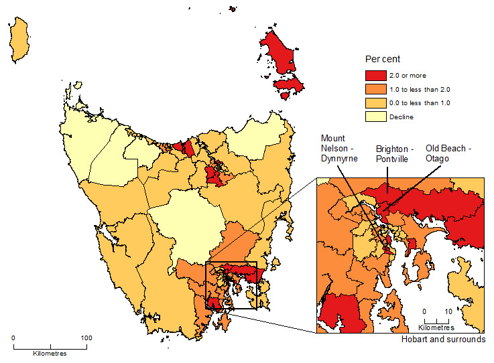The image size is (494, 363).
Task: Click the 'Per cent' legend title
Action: point(382,60)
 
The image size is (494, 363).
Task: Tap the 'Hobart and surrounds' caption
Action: point(443,340)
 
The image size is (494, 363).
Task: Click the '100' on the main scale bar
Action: point(86,338)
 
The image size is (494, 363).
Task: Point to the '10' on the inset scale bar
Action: point(448,311)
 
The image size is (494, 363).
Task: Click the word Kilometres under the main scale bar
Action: point(50,352)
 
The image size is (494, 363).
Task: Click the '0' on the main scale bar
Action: point(13,338)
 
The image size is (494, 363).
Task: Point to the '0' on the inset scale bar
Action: point(424,311)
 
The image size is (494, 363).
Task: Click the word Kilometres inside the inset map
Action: point(436,328)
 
